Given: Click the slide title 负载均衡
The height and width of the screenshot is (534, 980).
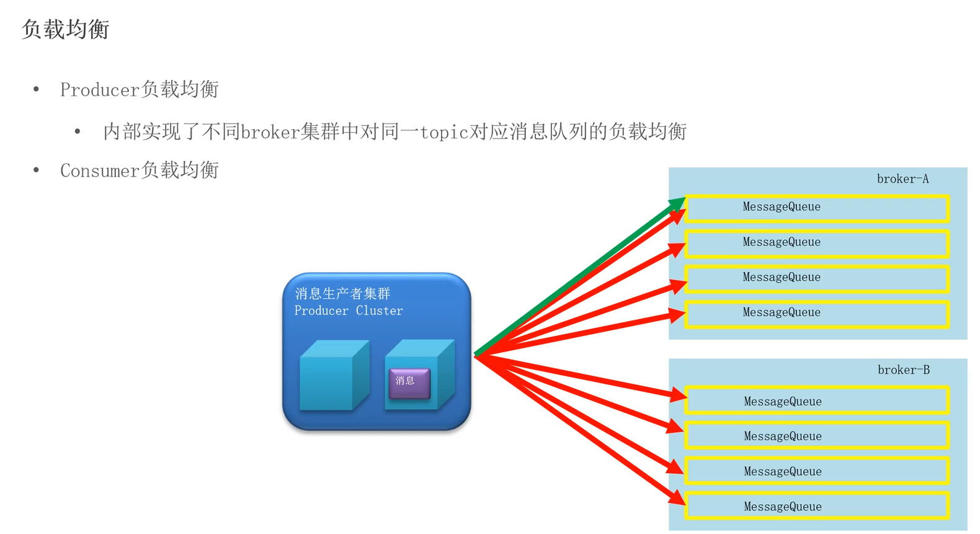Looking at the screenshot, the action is coord(66,29).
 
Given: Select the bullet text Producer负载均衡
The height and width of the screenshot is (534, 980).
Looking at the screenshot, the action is coord(139,89).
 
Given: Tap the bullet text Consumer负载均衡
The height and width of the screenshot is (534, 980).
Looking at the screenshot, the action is coord(139,170).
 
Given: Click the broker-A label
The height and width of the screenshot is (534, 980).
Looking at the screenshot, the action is coord(902,179).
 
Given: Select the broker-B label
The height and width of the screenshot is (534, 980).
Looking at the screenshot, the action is coord(903,370).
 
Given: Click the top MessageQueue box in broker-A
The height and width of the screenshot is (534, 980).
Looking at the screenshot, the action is coord(817,207).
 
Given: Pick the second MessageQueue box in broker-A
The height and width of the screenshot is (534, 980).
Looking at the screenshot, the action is coord(817,243).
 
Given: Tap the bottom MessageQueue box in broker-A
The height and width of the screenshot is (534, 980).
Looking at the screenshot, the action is coord(817,313).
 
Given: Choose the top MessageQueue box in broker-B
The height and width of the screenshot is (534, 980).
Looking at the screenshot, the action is coord(817,402).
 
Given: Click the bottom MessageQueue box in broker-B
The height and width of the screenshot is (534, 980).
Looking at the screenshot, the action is coord(817,507).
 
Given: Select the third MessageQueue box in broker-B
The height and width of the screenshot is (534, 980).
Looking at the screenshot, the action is coord(817,472).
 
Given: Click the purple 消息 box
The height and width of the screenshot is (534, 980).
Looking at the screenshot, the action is coord(409,382).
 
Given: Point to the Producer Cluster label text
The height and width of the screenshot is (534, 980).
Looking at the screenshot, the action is coord(348,310).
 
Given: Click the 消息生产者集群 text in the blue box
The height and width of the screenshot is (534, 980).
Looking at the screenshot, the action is coord(342,293).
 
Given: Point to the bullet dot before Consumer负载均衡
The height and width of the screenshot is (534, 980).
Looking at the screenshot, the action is coord(37,170).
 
